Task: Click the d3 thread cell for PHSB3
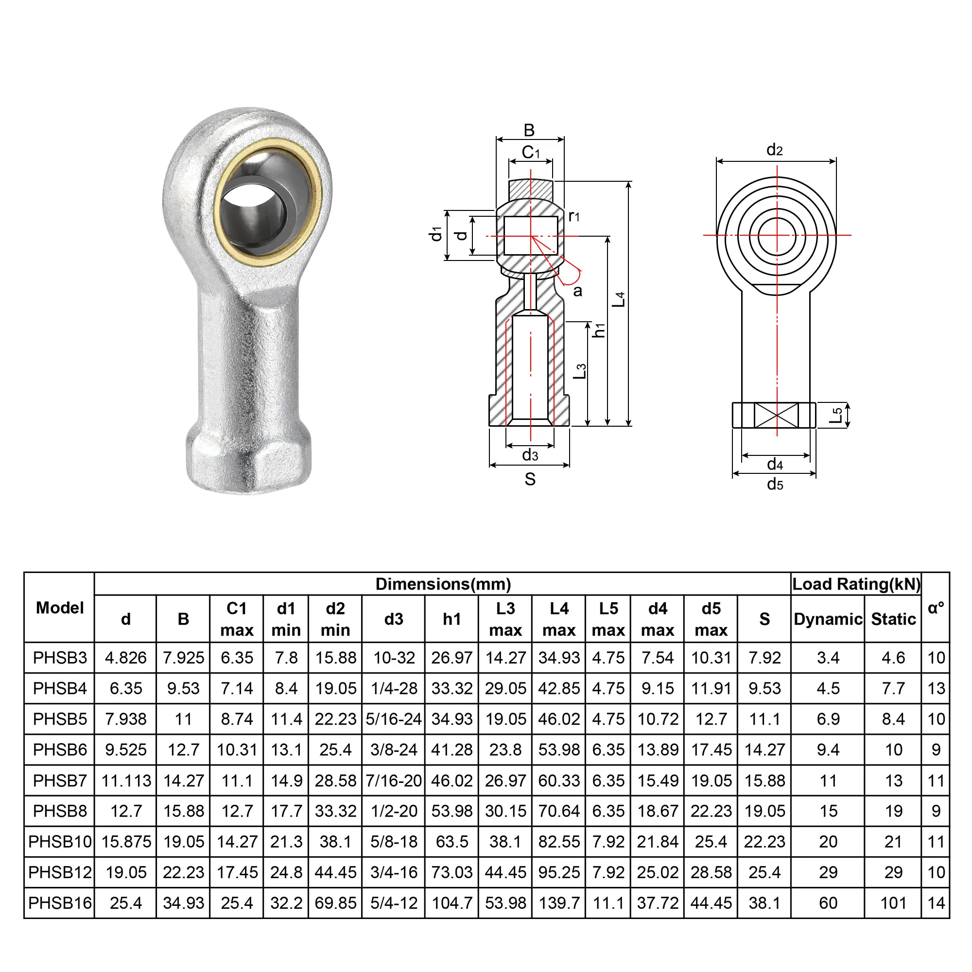(394, 658)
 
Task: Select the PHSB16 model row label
(60, 903)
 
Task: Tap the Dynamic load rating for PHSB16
(828, 903)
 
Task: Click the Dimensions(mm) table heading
(443, 584)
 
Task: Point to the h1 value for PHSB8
(452, 811)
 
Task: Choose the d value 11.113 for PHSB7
(126, 781)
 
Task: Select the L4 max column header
(559, 619)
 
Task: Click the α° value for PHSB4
(936, 688)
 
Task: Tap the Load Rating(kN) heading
(856, 584)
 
